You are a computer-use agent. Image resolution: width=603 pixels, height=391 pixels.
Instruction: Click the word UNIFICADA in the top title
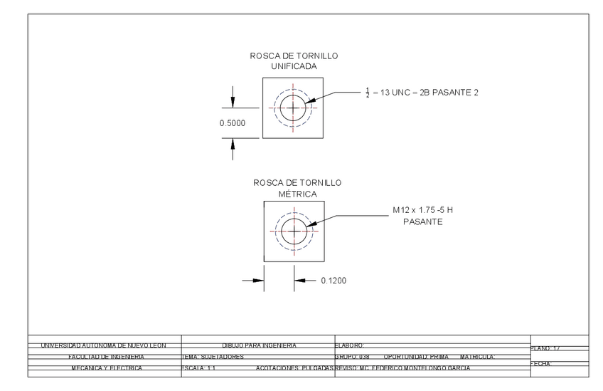tap(294, 66)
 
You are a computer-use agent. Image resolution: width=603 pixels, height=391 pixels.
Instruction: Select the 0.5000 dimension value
tap(232, 123)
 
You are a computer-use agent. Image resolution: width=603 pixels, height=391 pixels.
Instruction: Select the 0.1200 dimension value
tap(333, 281)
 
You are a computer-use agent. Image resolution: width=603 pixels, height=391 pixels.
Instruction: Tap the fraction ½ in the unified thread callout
tap(368, 93)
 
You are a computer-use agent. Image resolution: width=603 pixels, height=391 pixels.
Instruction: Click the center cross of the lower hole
tap(293, 231)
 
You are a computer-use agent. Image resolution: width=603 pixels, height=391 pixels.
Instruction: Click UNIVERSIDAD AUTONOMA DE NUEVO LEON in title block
tap(105, 345)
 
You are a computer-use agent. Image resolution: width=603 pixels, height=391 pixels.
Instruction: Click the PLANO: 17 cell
tap(546, 348)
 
